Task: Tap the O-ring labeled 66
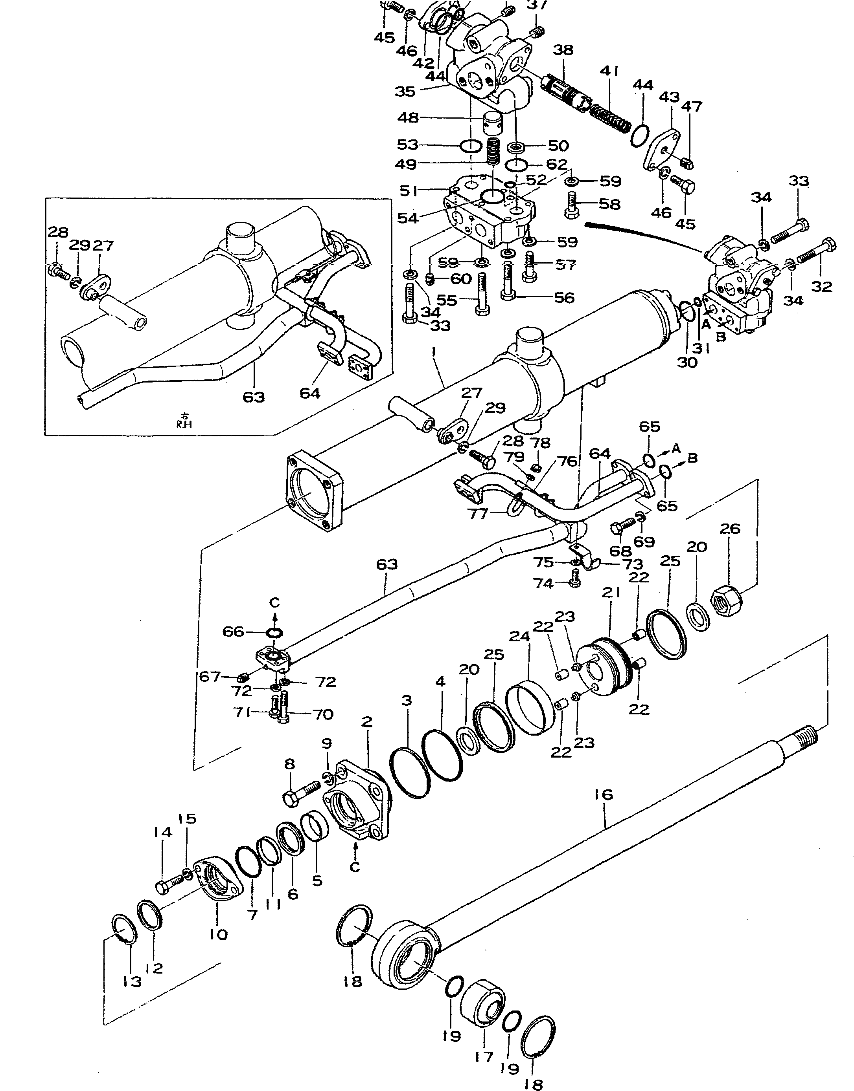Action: [274, 633]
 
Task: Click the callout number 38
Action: [563, 50]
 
